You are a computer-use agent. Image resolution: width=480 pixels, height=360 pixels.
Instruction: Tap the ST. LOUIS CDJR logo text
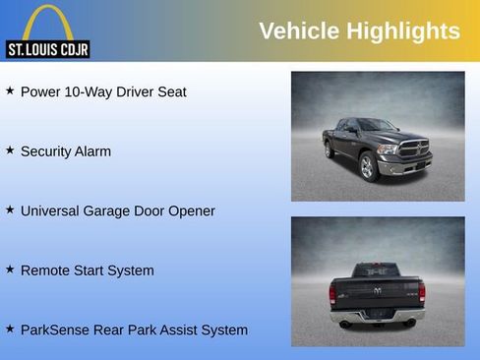click(47, 49)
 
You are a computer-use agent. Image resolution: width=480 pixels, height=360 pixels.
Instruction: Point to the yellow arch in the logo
click(48, 22)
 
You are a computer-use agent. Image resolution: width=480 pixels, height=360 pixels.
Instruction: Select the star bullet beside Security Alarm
click(10, 150)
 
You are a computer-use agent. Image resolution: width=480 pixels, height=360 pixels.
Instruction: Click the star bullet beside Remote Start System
click(10, 269)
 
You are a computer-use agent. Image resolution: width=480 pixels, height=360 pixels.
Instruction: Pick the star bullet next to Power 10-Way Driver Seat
click(10, 90)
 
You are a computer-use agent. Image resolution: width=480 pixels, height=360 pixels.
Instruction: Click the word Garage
click(118, 211)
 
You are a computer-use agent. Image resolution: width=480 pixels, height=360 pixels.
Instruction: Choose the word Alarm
click(92, 151)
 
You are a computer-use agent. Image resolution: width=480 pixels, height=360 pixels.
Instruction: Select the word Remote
click(46, 270)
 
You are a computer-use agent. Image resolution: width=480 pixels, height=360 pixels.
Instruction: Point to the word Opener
click(191, 211)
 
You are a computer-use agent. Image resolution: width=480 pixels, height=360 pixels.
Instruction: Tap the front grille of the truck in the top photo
click(414, 150)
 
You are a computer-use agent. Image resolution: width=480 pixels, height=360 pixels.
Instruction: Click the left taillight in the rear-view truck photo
click(332, 292)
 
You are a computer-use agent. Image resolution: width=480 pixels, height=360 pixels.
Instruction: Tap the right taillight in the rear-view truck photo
click(422, 291)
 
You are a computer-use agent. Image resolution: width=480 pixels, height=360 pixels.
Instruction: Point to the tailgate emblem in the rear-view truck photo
click(378, 291)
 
